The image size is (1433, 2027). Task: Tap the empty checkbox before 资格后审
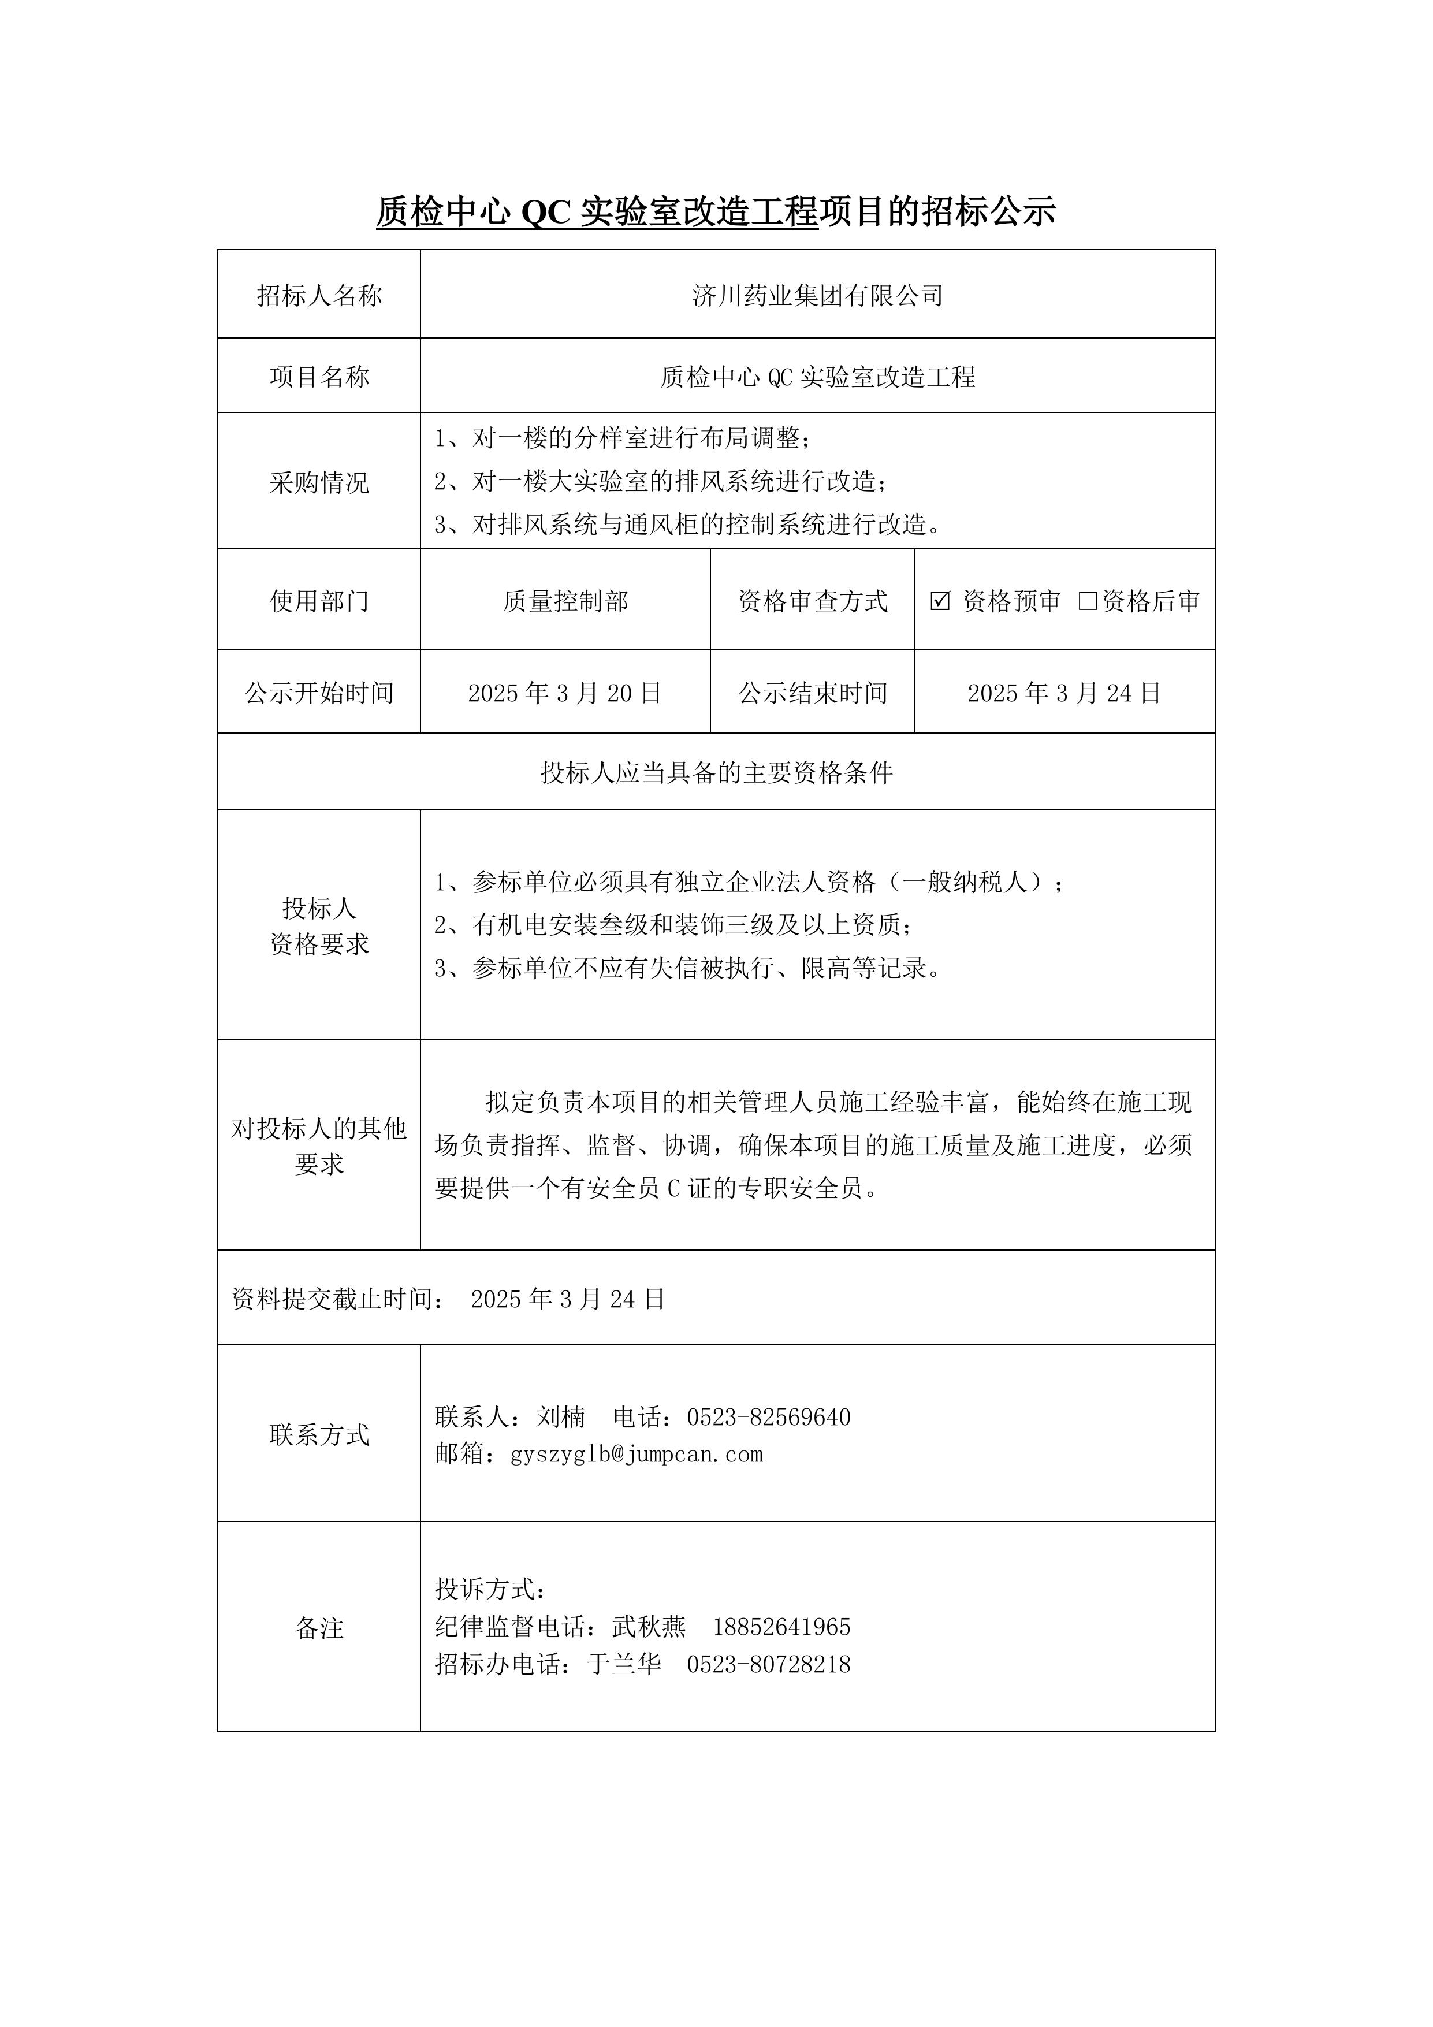[x=1088, y=601]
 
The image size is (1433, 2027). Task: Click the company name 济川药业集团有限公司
[x=818, y=296]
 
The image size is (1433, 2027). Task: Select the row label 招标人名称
[x=319, y=296]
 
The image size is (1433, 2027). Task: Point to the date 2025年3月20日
[x=565, y=693]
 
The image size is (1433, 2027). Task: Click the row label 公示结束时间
[x=812, y=693]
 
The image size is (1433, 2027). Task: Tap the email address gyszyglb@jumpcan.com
[x=636, y=1454]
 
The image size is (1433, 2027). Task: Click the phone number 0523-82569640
[x=768, y=1417]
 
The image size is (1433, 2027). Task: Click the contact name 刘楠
[x=561, y=1417]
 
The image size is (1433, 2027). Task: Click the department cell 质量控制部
[x=565, y=601]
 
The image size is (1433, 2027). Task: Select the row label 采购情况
[x=319, y=482]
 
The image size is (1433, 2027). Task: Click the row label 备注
[x=319, y=1628]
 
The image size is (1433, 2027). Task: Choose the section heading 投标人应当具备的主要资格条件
[x=716, y=773]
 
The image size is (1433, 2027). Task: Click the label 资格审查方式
[x=812, y=601]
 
